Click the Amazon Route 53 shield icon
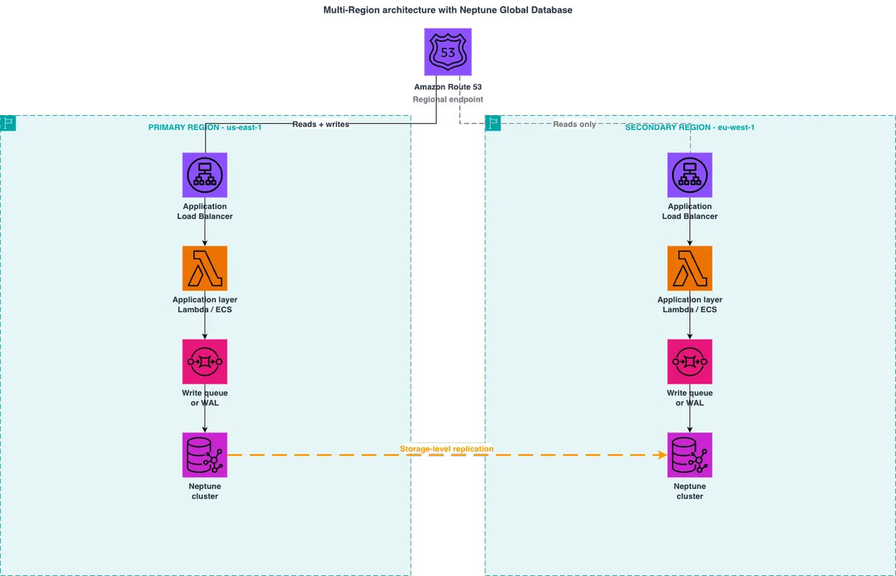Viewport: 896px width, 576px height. [447, 52]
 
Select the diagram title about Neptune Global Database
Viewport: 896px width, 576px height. [447, 10]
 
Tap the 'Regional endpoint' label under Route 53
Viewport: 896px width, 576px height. [447, 99]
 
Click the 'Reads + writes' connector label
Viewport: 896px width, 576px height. [320, 124]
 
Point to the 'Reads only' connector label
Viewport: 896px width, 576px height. [574, 124]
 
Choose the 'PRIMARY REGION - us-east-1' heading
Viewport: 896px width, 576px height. [205, 127]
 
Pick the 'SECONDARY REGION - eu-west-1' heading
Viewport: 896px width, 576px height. [690, 127]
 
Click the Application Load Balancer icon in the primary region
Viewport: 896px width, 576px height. [205, 175]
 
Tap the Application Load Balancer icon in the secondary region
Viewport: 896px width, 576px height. [690, 175]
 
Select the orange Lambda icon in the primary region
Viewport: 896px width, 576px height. [205, 268]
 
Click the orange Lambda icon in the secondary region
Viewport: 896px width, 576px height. [690, 268]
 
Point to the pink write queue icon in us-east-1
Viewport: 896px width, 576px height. [205, 362]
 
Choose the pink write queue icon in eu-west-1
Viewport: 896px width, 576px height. [690, 362]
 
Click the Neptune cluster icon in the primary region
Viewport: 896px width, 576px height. [205, 455]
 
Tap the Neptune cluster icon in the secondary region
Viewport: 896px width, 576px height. [690, 455]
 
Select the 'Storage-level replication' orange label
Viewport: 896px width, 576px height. [447, 449]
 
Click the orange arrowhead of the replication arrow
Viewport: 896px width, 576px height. [662, 455]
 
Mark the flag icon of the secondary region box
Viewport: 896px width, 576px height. [493, 123]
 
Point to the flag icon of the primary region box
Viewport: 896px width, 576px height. [7, 123]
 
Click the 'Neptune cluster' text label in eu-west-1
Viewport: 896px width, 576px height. [690, 491]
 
